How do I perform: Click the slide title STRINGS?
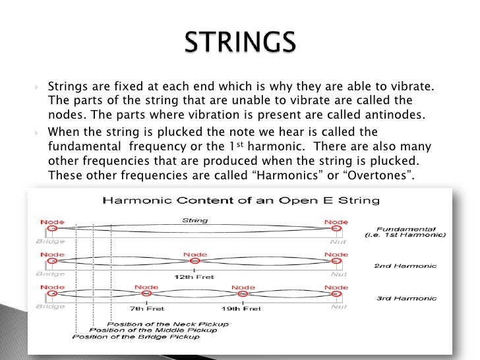click(239, 44)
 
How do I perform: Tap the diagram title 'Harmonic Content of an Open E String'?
click(240, 200)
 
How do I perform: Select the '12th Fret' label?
click(194, 276)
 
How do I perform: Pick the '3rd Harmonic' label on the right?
click(406, 298)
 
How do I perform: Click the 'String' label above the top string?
click(194, 221)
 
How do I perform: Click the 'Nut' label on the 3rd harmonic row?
click(338, 307)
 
